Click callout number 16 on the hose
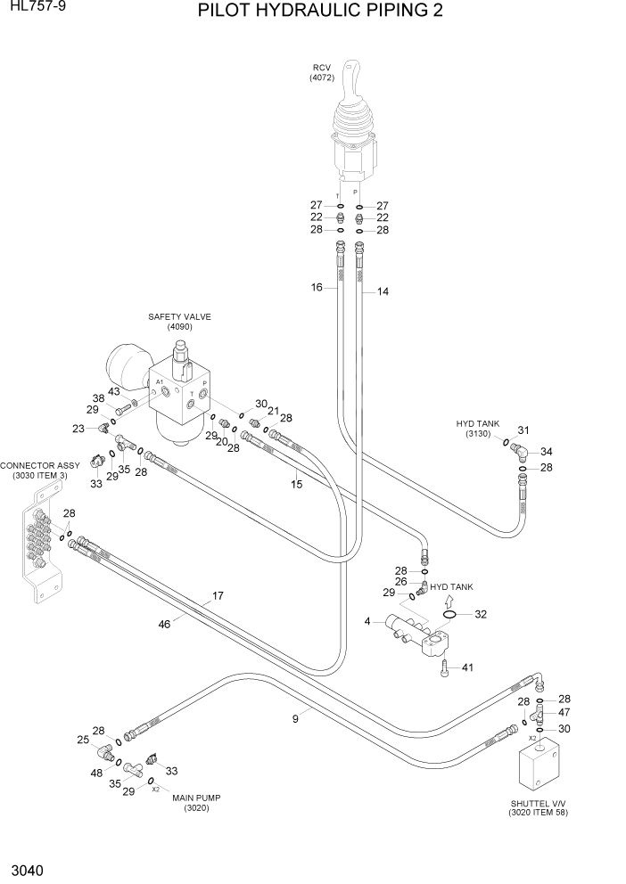click(x=317, y=288)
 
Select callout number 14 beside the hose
click(x=383, y=291)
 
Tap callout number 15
click(x=297, y=484)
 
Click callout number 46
click(x=164, y=625)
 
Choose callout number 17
click(x=217, y=596)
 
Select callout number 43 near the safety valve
click(x=113, y=392)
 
